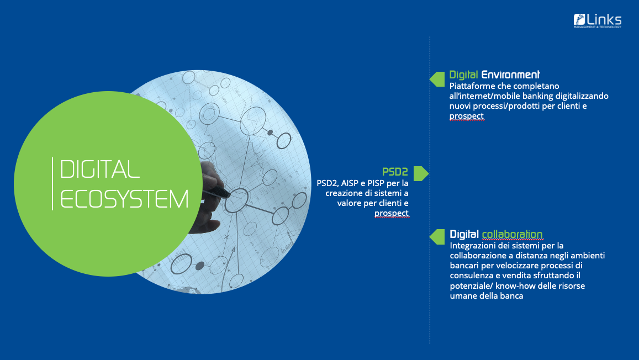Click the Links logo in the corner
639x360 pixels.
coord(598,21)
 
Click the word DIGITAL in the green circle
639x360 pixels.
coord(100,170)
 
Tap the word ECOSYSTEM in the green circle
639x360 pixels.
coord(124,199)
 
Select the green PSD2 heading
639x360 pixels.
coord(395,172)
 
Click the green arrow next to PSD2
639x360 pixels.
coord(420,173)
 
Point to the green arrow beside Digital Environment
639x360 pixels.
coord(437,79)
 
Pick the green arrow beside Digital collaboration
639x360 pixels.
coord(437,237)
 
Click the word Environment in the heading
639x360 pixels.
coord(511,75)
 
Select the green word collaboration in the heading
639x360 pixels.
coord(513,234)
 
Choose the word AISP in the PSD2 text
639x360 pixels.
coord(350,183)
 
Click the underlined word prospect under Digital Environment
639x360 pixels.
coord(467,116)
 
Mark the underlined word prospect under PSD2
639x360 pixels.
coord(391,213)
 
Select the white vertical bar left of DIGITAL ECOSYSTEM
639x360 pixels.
coord(52,184)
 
